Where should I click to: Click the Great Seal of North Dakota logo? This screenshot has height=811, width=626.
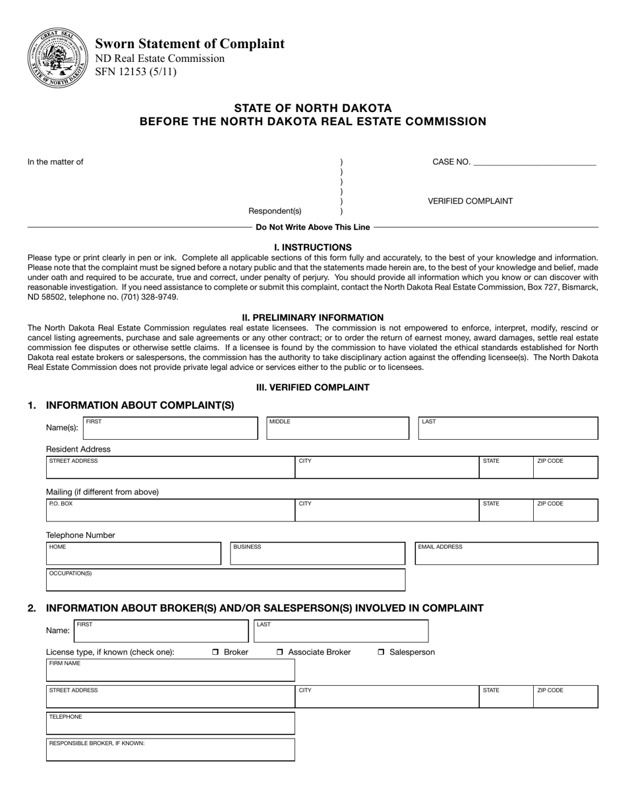[57, 58]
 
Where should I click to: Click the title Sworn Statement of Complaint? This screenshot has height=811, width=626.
[190, 44]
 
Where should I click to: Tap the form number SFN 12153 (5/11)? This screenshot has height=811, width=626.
[136, 72]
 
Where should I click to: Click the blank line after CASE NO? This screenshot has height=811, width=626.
[534, 162]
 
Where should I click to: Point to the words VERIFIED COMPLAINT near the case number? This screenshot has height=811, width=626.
[470, 201]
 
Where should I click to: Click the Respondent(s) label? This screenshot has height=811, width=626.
[275, 211]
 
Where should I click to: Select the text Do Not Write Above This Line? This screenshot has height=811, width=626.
[312, 227]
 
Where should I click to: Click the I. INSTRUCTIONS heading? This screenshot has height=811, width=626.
[312, 247]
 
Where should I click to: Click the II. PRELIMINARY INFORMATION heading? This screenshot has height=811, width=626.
[312, 317]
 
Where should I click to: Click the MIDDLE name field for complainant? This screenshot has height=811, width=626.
[337, 429]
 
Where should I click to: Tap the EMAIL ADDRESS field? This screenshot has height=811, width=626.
[506, 555]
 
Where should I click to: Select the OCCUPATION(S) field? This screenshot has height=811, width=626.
[225, 581]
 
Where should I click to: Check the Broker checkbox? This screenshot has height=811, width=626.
[215, 652]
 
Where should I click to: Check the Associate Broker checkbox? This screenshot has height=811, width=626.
[280, 652]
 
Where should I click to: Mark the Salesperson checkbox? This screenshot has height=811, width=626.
[382, 652]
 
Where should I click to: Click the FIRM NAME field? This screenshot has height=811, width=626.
[170, 671]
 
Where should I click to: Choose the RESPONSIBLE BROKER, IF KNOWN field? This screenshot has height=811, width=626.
[170, 751]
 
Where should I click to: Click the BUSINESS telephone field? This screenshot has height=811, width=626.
[318, 555]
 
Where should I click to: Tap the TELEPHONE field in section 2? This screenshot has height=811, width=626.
[170, 725]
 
